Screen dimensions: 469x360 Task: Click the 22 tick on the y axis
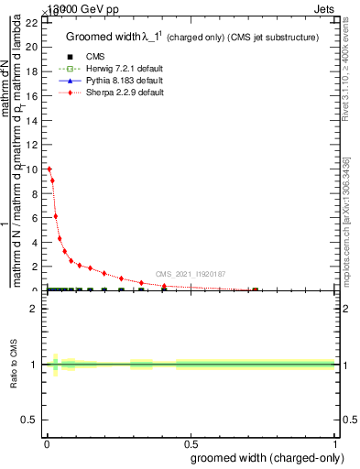pos(33,23)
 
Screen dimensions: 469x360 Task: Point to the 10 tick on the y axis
pos(33,169)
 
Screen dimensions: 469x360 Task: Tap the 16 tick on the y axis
pos(33,96)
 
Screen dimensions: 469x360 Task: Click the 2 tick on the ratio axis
pos(34,310)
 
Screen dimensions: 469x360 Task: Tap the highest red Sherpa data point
pos(49,169)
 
